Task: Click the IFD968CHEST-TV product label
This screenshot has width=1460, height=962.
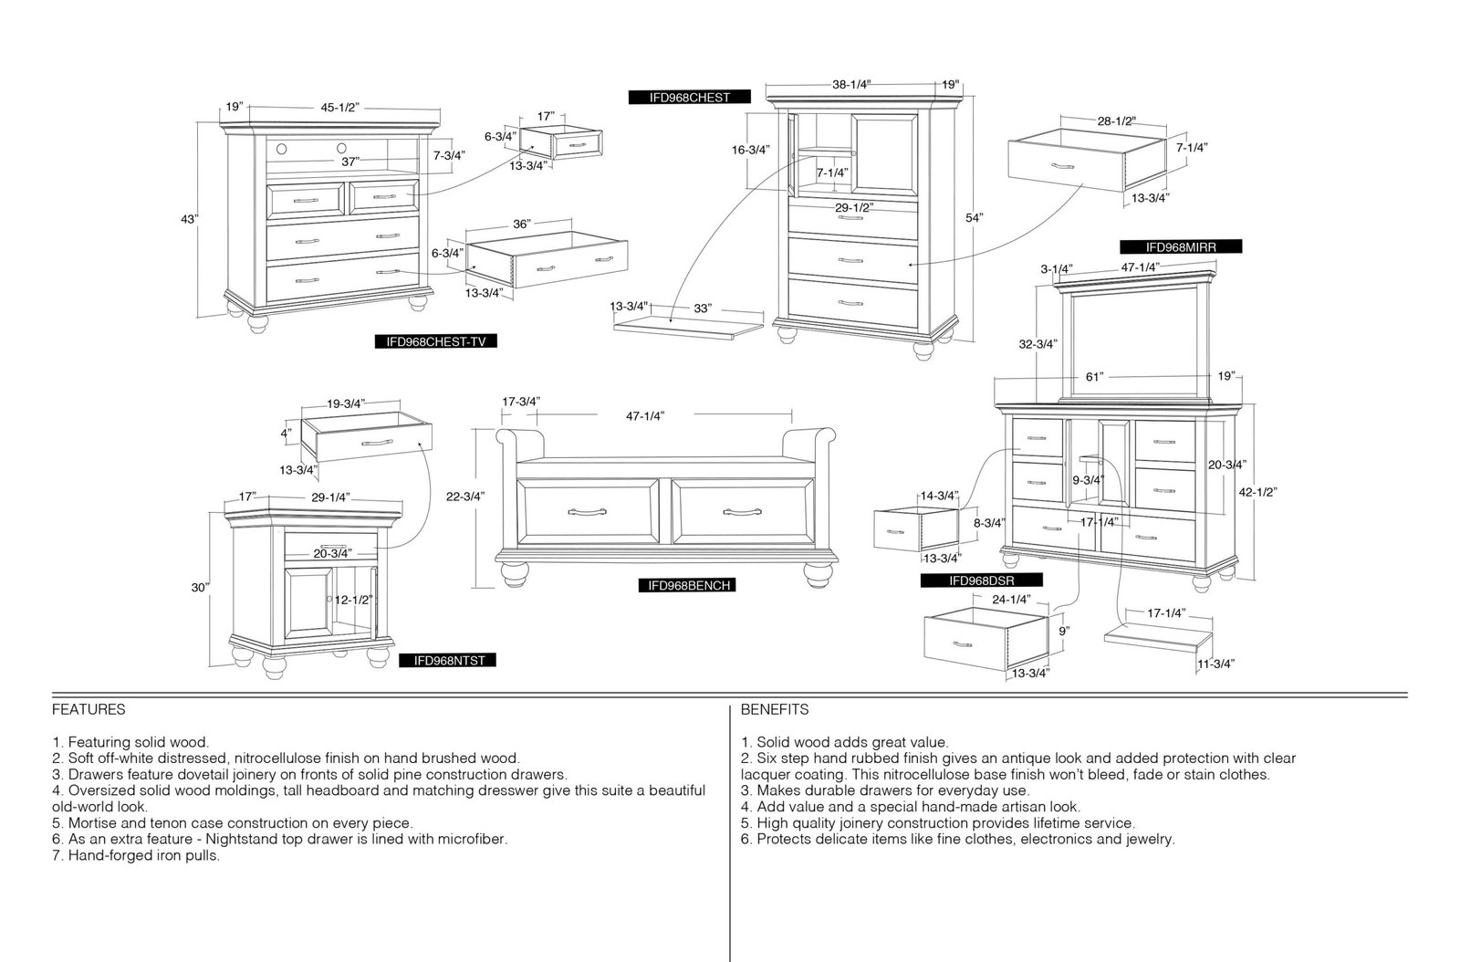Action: (x=435, y=341)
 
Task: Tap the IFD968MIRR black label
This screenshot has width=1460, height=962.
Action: (x=1181, y=247)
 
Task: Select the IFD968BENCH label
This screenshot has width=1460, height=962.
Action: (x=687, y=585)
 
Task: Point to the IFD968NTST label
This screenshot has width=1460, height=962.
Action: (x=448, y=660)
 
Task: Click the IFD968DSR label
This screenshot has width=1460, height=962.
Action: (x=982, y=580)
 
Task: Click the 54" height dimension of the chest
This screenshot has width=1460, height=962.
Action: (x=974, y=218)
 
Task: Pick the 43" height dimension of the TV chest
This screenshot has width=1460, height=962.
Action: (x=189, y=220)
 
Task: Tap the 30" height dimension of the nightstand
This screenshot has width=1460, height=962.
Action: (x=200, y=587)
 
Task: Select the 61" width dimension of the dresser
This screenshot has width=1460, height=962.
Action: (x=1094, y=377)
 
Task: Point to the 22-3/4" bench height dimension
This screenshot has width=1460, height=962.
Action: (x=465, y=497)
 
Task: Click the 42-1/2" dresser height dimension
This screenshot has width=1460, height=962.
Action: (x=1257, y=492)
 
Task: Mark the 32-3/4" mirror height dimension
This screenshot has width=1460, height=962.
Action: (x=1038, y=344)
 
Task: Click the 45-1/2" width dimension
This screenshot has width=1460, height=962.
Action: (x=339, y=108)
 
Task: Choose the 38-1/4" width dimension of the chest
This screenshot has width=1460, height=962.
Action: (x=851, y=85)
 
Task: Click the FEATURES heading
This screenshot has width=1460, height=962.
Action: (x=89, y=709)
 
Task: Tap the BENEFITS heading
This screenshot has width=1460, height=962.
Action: (x=775, y=709)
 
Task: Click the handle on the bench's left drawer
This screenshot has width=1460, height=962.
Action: (x=587, y=512)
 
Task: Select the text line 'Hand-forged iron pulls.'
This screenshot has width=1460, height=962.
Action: (x=144, y=855)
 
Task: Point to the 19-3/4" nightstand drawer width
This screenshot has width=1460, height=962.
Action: (x=346, y=404)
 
